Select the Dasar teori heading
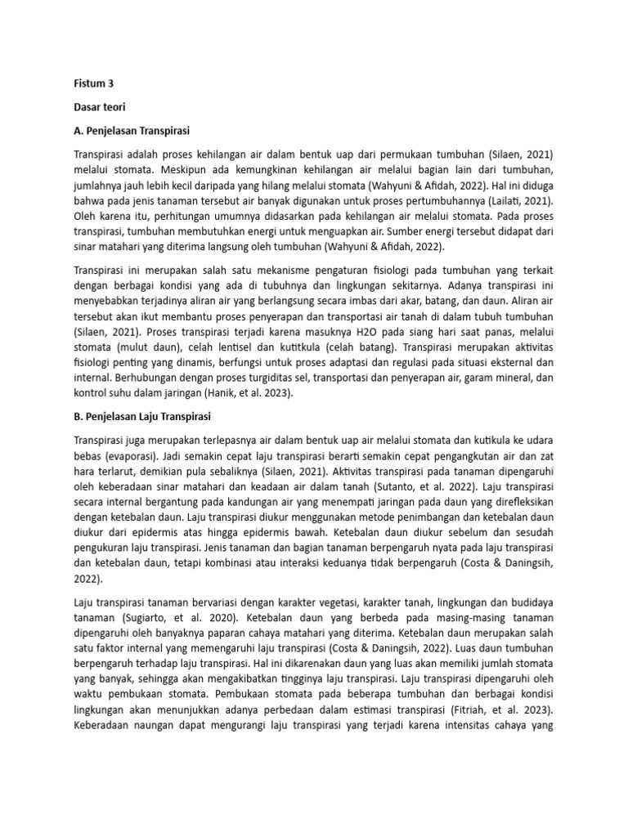[101, 106]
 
